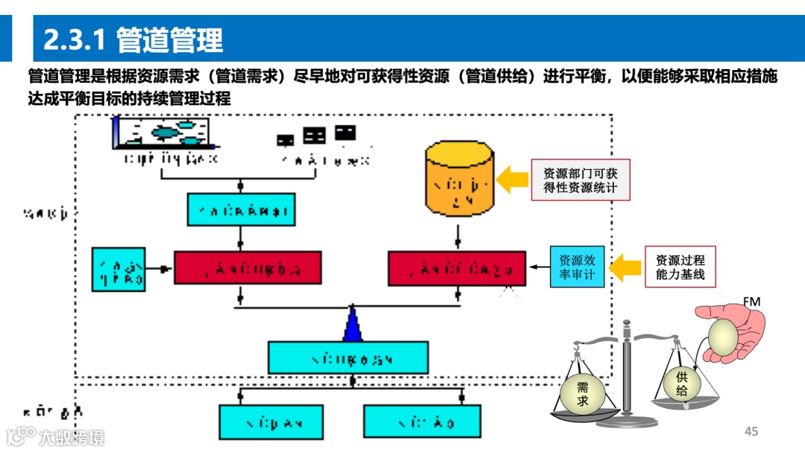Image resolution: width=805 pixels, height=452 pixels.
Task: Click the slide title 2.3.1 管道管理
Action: click(133, 39)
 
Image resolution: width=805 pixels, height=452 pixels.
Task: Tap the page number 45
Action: click(751, 432)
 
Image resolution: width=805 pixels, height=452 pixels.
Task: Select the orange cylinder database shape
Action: click(458, 178)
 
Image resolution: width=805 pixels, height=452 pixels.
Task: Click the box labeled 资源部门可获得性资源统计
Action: click(580, 179)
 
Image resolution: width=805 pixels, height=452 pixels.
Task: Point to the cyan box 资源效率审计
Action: click(577, 267)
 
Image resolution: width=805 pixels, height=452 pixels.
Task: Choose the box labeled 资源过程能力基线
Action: click(680, 267)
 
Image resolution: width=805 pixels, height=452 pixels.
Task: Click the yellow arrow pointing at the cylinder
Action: click(512, 179)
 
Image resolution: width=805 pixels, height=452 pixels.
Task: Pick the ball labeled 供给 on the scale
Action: click(681, 384)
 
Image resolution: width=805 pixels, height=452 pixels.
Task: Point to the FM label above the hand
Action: click(751, 302)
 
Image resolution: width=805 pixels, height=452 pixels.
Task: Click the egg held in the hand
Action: click(722, 337)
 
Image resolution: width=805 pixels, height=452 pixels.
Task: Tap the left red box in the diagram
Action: click(247, 267)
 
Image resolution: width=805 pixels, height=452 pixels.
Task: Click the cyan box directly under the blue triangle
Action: click(348, 357)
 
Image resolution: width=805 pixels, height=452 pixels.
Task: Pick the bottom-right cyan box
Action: click(412, 421)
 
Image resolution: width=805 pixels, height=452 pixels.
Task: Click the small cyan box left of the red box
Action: click(118, 269)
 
